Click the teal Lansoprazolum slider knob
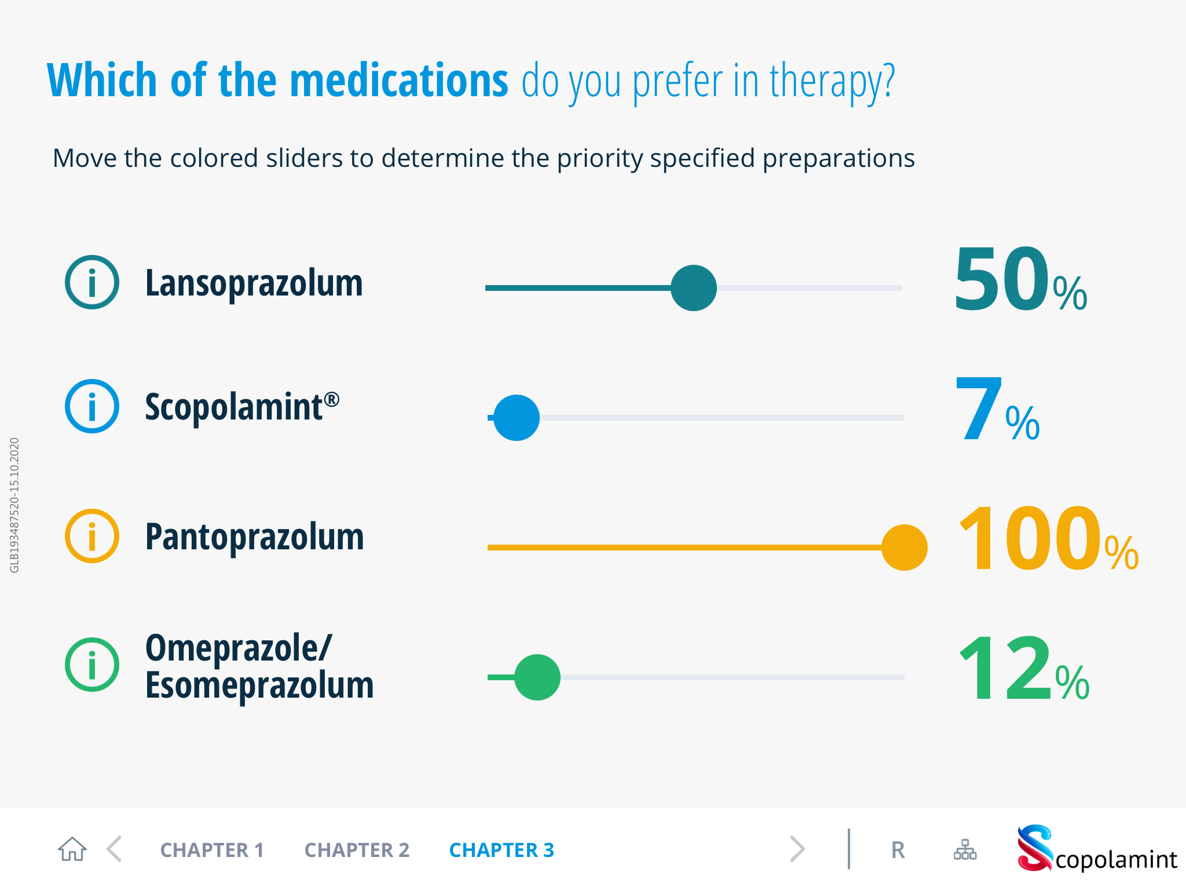pos(693,288)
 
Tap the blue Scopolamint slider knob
pos(517,418)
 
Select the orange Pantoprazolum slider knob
pos(904,548)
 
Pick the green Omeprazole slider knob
pos(537,677)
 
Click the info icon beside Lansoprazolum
pos(92,282)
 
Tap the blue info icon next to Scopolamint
pos(92,406)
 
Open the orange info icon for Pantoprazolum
pos(92,536)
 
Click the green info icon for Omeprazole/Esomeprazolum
pos(92,665)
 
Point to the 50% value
pos(1019,280)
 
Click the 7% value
pos(996,410)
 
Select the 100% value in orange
pos(1047,539)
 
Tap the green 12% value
pos(1023,669)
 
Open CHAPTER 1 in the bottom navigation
pos(212,850)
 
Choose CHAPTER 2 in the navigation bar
pos(357,850)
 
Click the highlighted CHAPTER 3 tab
pos(502,850)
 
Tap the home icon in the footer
pos(72,849)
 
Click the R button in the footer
pos(898,850)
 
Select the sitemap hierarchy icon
pos(965,850)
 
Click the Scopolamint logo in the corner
pos(1096,849)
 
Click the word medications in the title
pos(398,81)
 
